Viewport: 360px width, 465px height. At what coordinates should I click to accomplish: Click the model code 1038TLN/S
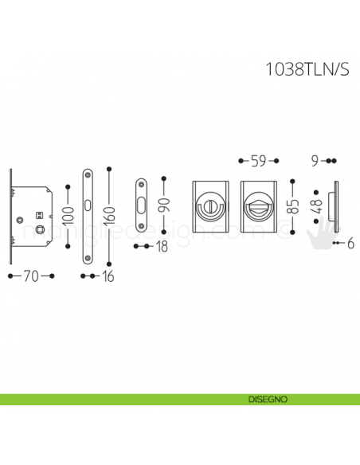pyautogui.click(x=306, y=69)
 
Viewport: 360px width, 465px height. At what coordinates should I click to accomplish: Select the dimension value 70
pyautogui.click(x=29, y=276)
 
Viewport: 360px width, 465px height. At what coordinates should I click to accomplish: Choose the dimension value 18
pyautogui.click(x=161, y=247)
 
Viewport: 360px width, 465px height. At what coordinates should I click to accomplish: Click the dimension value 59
pyautogui.click(x=257, y=161)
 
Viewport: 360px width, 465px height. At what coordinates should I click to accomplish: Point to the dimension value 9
pyautogui.click(x=316, y=161)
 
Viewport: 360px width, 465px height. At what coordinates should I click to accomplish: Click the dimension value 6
pyautogui.click(x=350, y=243)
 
